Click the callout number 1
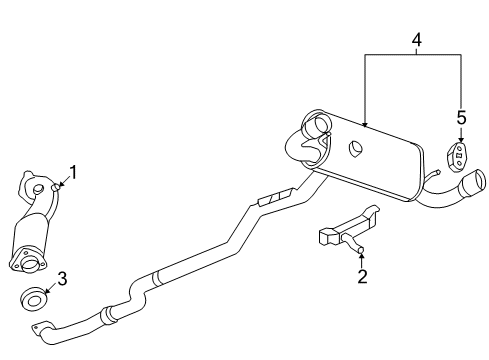(72, 172)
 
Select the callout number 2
(362, 276)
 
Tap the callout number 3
(62, 279)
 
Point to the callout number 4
(417, 41)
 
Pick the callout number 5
(461, 118)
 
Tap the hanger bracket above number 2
(345, 228)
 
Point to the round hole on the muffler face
(355, 151)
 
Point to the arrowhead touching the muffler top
(366, 123)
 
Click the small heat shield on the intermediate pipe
(274, 196)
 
